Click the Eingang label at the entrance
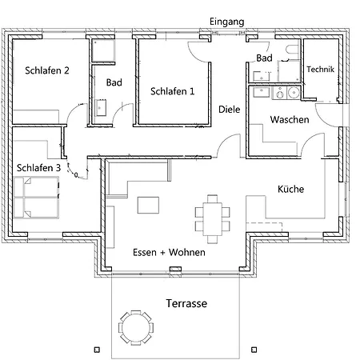click(x=226, y=22)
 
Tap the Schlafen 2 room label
click(x=47, y=70)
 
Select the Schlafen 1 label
click(x=173, y=91)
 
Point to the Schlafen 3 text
click(x=38, y=168)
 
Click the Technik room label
click(x=320, y=70)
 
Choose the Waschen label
click(x=290, y=119)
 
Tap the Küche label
click(x=290, y=189)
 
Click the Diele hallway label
click(x=229, y=110)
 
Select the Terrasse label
click(x=186, y=303)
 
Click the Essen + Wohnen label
click(x=169, y=252)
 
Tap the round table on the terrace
click(x=136, y=328)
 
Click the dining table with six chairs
click(x=212, y=219)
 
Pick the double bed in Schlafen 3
click(x=36, y=198)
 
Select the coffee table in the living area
click(x=148, y=205)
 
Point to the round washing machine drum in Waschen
click(x=294, y=93)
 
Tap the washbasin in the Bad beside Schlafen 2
click(x=101, y=108)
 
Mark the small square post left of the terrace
click(x=97, y=350)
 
